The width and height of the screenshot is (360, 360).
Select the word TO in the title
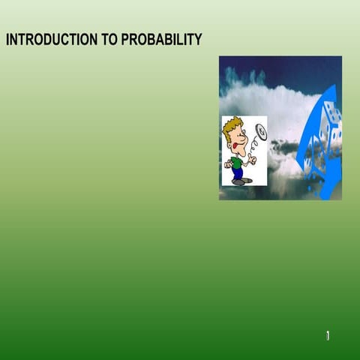coord(110,40)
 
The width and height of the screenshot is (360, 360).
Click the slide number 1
coord(328,336)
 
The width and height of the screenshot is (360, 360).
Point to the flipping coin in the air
coord(260,132)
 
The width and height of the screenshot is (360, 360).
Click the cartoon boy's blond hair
coord(232,127)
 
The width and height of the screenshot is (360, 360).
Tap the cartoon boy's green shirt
coord(237,161)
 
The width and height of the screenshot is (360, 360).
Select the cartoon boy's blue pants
coord(238,173)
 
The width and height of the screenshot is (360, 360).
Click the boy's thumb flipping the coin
coord(253,158)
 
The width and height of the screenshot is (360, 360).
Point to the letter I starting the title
coord(7,40)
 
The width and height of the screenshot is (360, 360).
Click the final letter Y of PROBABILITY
coord(198,40)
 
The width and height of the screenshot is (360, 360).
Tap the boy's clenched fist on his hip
coord(227,163)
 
